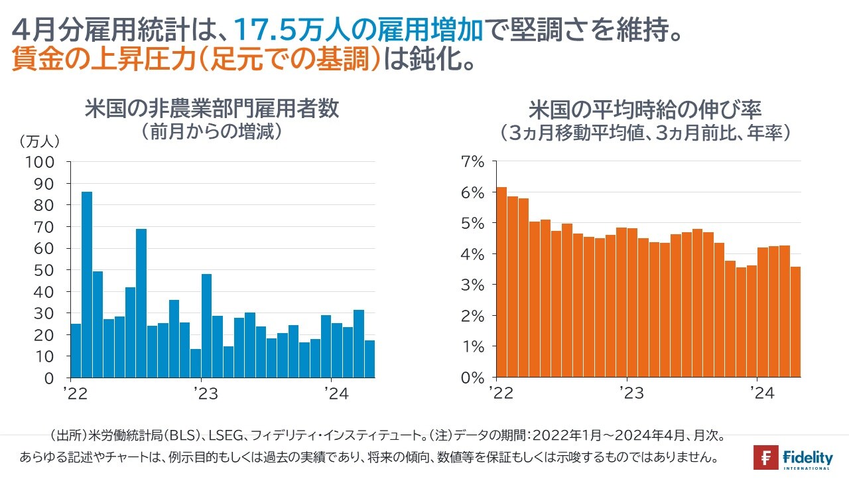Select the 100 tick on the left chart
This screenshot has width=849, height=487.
point(44,162)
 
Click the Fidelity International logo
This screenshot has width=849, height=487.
point(792,458)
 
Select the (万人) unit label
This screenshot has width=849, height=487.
point(40,141)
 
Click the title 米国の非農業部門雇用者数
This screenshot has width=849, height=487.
point(212,108)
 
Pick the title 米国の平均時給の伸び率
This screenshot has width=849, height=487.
point(645,108)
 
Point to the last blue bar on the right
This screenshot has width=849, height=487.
point(369,359)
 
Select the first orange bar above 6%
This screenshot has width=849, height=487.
point(501,282)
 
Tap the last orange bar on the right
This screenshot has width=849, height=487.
point(795,322)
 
